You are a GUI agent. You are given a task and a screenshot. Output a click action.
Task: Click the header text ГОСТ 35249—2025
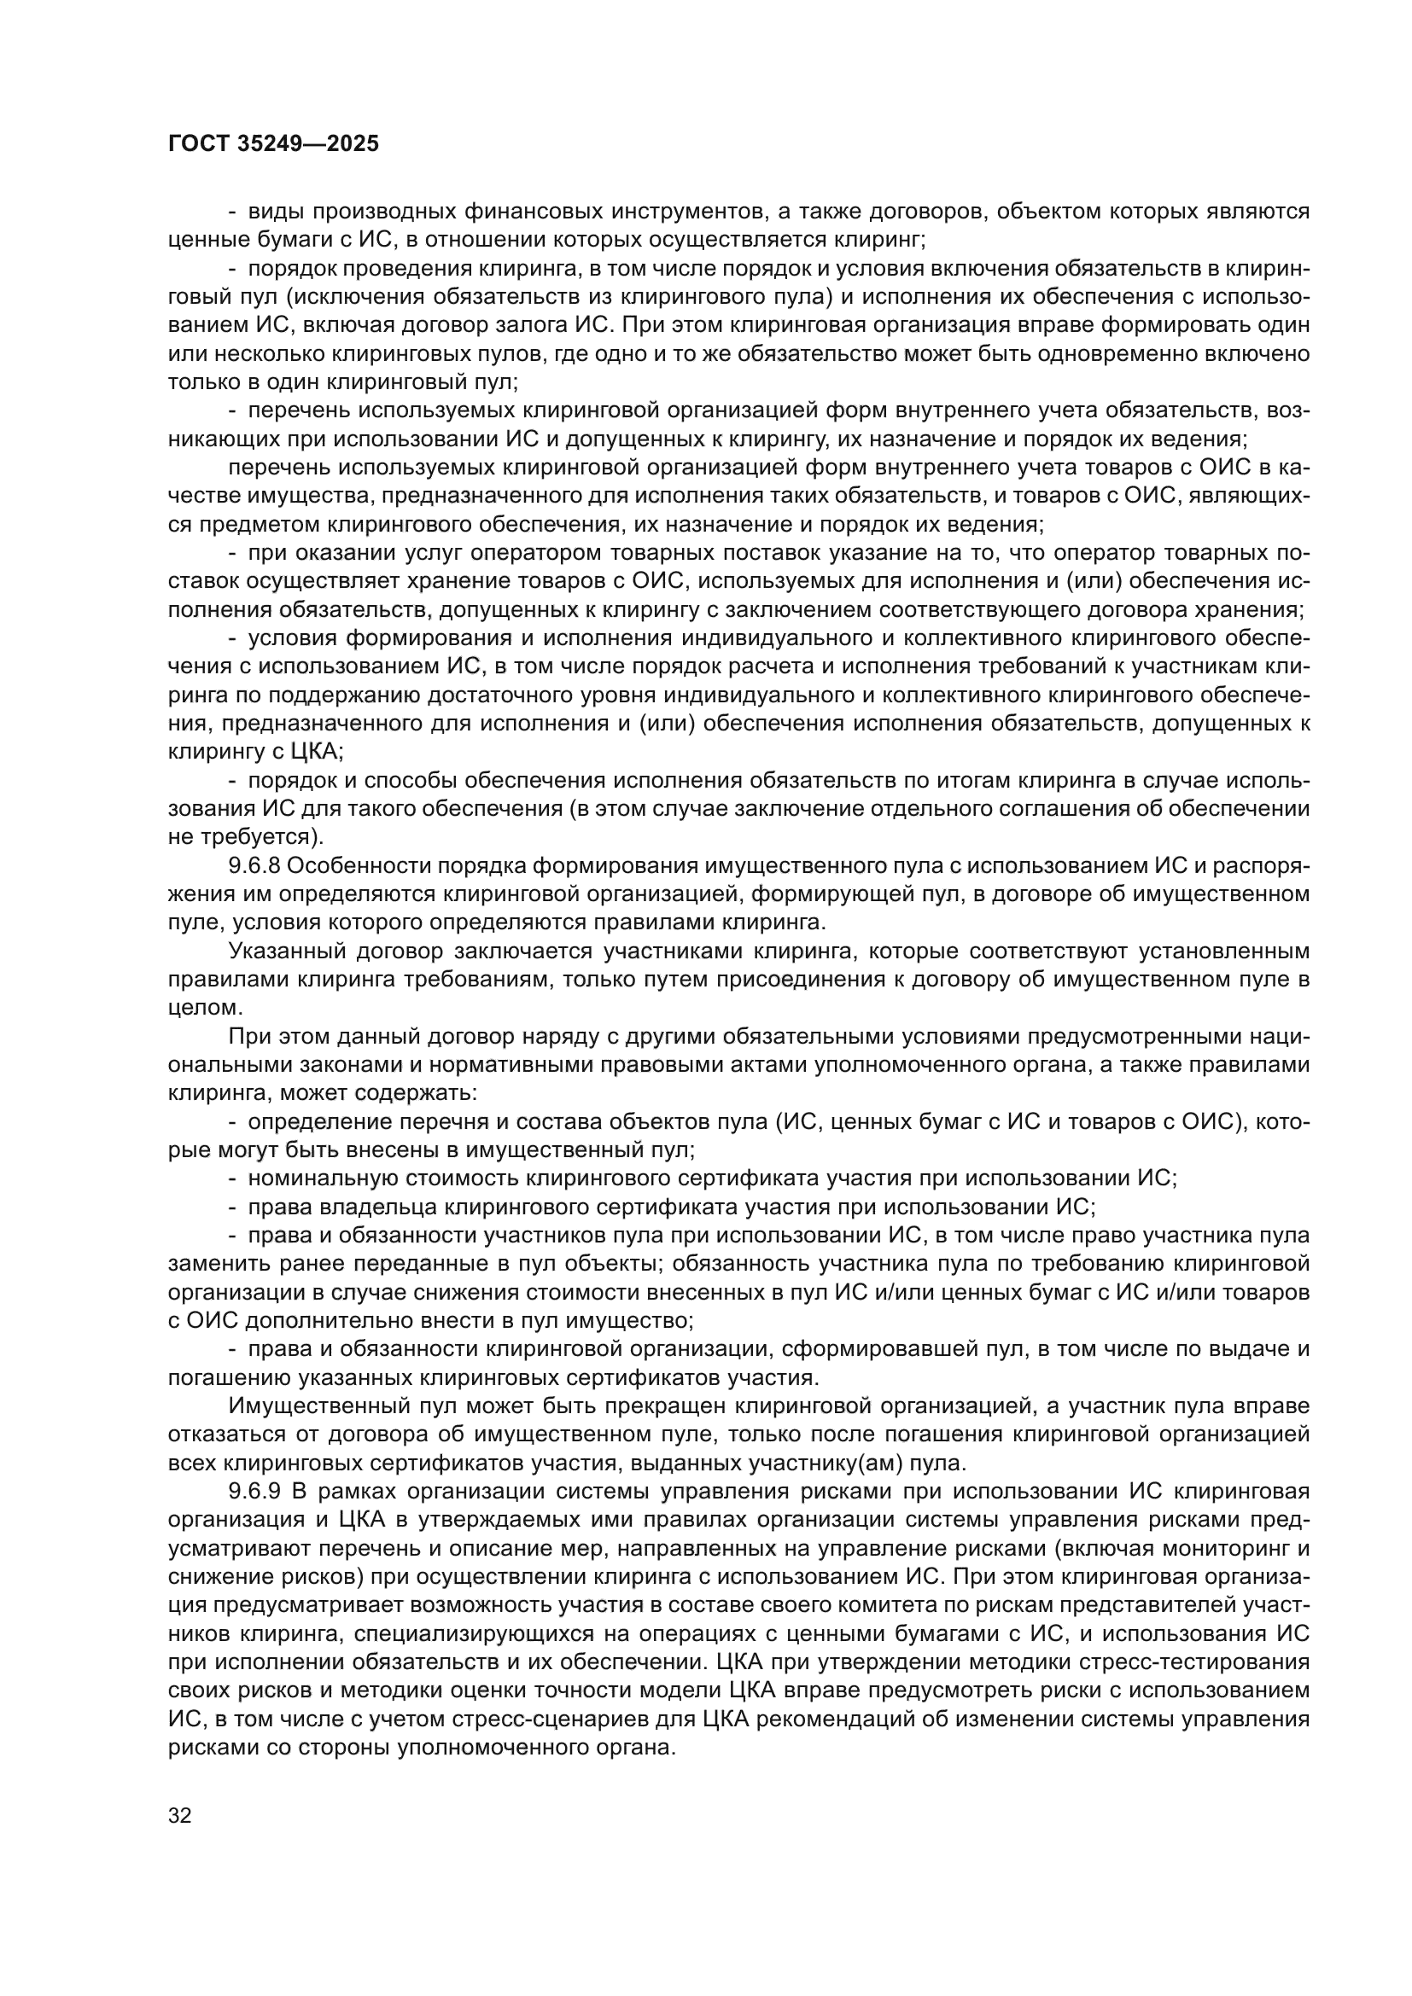[x=273, y=144]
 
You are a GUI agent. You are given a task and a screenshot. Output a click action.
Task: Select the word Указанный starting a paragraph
[x=281, y=951]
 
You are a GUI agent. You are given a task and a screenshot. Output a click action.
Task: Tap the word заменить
[x=206, y=1264]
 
